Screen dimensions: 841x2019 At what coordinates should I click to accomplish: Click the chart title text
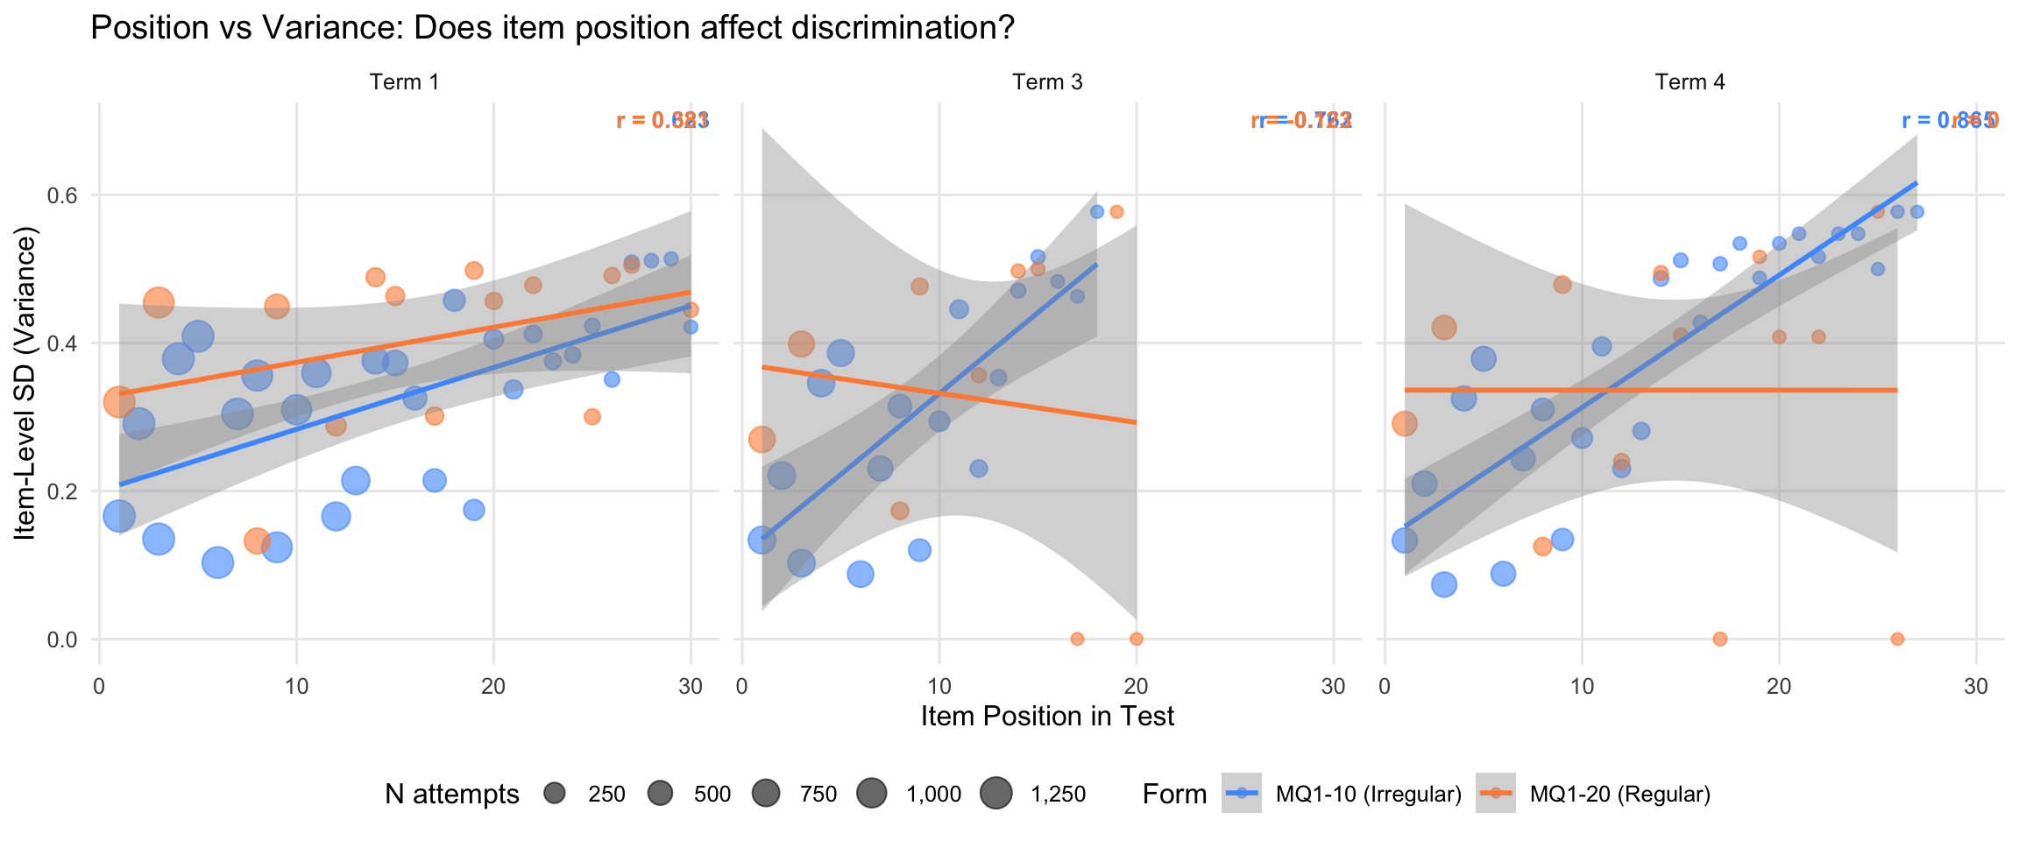tap(552, 28)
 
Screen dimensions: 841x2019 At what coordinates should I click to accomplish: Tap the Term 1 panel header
tap(404, 82)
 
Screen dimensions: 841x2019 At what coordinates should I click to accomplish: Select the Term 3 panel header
tap(1047, 82)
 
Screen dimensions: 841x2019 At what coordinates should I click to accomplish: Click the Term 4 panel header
tap(1690, 82)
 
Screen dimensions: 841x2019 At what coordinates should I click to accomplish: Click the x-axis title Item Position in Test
tap(1047, 717)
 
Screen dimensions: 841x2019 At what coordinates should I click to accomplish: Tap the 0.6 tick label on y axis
tap(61, 195)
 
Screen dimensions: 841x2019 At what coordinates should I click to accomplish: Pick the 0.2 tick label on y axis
tap(61, 491)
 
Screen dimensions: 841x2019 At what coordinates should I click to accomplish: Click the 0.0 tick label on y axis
tap(61, 640)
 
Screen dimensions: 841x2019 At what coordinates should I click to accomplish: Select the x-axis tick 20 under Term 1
tap(493, 686)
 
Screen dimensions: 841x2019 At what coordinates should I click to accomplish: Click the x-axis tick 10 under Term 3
tap(939, 686)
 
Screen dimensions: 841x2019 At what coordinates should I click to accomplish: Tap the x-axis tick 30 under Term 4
tap(1976, 686)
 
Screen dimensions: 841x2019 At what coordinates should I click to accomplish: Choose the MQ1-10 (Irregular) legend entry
tap(1368, 795)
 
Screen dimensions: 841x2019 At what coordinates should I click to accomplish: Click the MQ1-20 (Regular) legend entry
tap(1619, 795)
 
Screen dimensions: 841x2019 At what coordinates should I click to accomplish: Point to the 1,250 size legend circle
tap(996, 794)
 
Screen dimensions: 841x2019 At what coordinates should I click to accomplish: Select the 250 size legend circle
tap(555, 794)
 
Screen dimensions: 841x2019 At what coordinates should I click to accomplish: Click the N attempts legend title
tap(451, 795)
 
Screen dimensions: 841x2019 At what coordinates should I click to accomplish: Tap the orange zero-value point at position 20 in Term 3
tap(1137, 639)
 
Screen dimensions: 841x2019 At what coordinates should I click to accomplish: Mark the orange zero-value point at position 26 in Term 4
tap(1897, 639)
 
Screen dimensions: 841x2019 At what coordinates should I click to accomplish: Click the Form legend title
tap(1174, 795)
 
